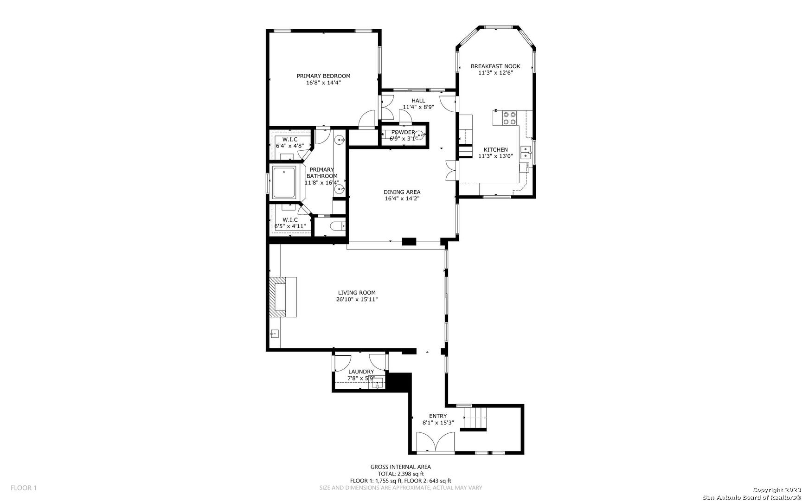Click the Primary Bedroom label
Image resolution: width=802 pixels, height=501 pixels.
(x=323, y=76)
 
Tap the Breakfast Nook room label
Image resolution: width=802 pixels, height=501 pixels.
(x=495, y=66)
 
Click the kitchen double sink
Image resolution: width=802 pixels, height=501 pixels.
(x=526, y=150)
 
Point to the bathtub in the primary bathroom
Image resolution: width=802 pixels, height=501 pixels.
(x=285, y=182)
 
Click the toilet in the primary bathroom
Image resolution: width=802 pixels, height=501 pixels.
(x=336, y=227)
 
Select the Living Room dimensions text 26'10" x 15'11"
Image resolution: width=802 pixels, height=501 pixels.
(x=357, y=300)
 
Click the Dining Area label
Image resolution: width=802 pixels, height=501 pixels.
(x=402, y=192)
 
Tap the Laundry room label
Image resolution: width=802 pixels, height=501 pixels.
(x=361, y=372)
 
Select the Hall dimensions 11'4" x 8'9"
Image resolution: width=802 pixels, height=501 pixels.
(x=418, y=107)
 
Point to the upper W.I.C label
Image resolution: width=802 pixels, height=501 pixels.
(x=290, y=140)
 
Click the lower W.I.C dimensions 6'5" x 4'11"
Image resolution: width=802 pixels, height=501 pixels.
(x=290, y=226)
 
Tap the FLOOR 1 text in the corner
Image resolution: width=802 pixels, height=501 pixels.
(x=24, y=488)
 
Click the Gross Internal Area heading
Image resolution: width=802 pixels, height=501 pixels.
(x=401, y=467)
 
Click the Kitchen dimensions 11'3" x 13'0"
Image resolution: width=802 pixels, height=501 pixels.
(x=496, y=156)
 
